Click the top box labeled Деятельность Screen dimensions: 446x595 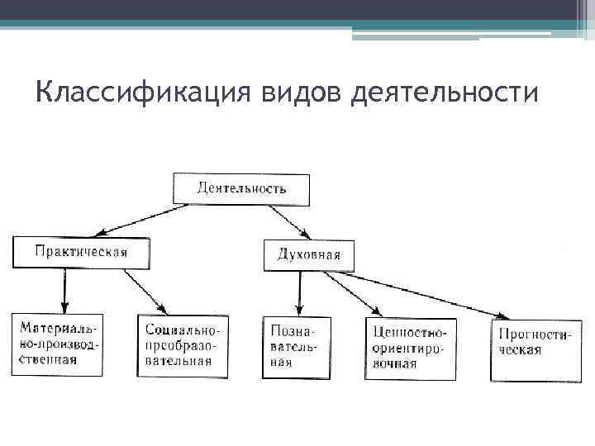(x=241, y=189)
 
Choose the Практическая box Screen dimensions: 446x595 (x=81, y=252)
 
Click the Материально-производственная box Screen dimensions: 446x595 (x=57, y=344)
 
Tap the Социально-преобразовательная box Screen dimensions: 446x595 (x=183, y=345)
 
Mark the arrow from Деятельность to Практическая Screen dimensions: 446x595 (x=136, y=220)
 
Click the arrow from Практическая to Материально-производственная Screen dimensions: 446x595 (x=64, y=290)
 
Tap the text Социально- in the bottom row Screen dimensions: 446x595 (x=182, y=330)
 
